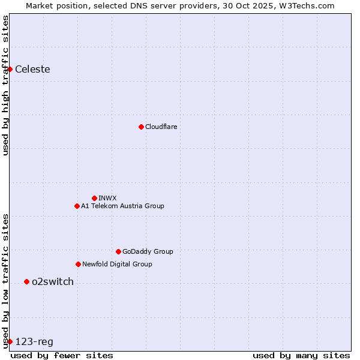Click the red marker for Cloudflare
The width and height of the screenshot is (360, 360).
(141, 127)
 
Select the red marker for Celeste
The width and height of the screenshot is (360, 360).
(10, 69)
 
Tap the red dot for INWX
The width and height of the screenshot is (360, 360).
(94, 198)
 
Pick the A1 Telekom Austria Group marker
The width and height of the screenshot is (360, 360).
(77, 206)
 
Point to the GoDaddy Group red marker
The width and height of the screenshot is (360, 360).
(118, 251)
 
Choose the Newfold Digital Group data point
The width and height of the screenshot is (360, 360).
(78, 264)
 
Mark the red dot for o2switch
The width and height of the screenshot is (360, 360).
(26, 281)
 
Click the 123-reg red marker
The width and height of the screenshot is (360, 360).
(10, 341)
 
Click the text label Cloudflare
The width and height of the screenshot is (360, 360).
(161, 127)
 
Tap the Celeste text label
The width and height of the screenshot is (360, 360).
(32, 69)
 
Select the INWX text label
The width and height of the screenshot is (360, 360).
(107, 198)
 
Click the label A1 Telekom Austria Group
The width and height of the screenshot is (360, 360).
(122, 206)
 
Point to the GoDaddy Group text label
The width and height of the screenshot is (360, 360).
(148, 251)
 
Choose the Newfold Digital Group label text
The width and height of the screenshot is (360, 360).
(117, 264)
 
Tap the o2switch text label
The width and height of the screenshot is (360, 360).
(53, 281)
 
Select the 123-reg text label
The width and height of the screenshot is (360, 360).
(34, 341)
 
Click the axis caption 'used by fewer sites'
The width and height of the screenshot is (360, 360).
(62, 355)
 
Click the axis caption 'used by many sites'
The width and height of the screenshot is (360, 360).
(301, 355)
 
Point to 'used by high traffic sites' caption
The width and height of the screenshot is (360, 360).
(5, 85)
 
